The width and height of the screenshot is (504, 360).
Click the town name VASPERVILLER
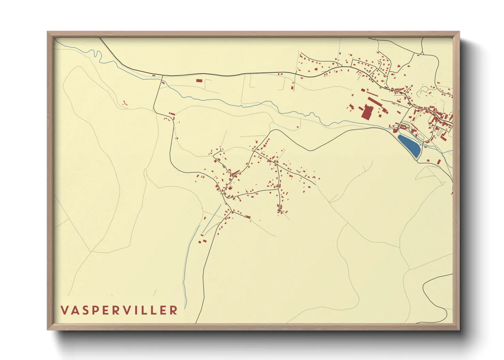(119, 310)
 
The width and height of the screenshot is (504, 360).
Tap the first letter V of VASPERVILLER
(64, 310)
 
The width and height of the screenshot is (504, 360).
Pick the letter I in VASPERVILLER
(145, 310)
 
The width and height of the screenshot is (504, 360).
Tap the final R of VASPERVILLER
(174, 310)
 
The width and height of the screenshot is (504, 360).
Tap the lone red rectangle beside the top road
(199, 81)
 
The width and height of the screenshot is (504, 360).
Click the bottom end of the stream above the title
(186, 306)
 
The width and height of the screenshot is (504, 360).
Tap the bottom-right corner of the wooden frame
(459, 329)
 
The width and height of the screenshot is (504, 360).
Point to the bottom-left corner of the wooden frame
(48, 329)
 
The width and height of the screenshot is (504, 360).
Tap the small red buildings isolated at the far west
(125, 102)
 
